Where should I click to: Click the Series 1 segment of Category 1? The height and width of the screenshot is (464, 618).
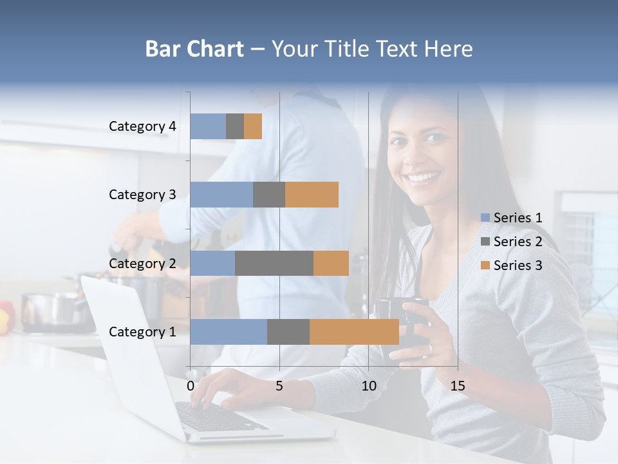pyautogui.click(x=229, y=331)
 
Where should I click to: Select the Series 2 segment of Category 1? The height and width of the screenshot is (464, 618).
pyautogui.click(x=288, y=331)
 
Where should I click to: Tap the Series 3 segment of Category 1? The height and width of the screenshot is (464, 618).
pyautogui.click(x=354, y=331)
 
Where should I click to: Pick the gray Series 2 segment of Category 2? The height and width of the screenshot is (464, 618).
pyautogui.click(x=274, y=263)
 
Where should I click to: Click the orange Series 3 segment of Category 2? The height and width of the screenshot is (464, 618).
pyautogui.click(x=331, y=263)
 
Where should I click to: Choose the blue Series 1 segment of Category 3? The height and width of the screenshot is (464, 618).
pyautogui.click(x=221, y=195)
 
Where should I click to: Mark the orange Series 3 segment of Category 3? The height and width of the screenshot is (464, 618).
pyautogui.click(x=312, y=195)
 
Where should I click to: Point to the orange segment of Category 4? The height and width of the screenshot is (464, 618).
pyautogui.click(x=253, y=126)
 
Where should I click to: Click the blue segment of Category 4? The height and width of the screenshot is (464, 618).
pyautogui.click(x=208, y=126)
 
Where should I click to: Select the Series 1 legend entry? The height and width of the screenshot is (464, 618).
pyautogui.click(x=512, y=218)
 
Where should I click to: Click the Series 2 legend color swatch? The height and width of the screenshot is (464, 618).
pyautogui.click(x=485, y=242)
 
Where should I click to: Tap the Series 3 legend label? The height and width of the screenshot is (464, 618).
pyautogui.click(x=518, y=266)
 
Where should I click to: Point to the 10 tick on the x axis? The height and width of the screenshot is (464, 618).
pyautogui.click(x=368, y=386)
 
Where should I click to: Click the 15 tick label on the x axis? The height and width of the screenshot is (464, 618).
pyautogui.click(x=457, y=386)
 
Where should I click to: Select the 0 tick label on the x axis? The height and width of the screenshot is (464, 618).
pyautogui.click(x=191, y=386)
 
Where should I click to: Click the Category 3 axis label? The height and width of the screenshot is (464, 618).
pyautogui.click(x=142, y=195)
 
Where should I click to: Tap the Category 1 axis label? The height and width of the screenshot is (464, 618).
pyautogui.click(x=142, y=332)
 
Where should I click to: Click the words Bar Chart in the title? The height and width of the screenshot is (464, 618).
pyautogui.click(x=194, y=49)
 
